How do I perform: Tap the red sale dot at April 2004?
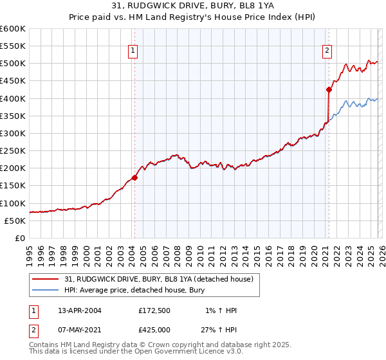135,177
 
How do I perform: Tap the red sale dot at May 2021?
329,89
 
